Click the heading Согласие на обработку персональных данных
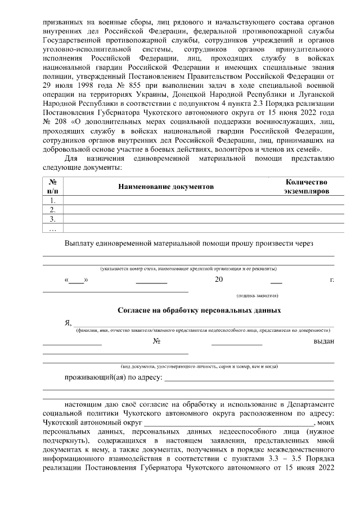point(199,310)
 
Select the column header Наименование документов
point(166,186)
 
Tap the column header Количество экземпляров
point(306,186)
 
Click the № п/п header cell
point(52,186)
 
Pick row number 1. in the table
point(52,200)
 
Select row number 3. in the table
point(52,219)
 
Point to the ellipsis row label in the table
point(52,228)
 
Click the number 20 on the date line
point(219,280)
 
